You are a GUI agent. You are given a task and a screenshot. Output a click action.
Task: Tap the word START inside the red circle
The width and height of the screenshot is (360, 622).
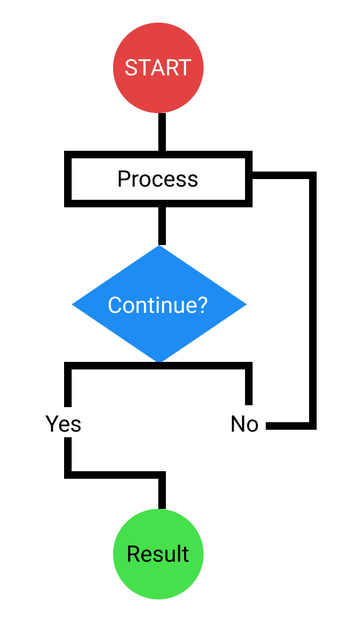click(x=158, y=68)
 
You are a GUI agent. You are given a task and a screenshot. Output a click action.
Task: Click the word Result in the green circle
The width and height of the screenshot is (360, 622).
click(x=158, y=554)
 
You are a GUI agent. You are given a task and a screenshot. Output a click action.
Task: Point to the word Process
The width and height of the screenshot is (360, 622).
click(x=158, y=179)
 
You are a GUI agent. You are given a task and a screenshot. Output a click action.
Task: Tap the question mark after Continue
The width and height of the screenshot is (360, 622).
click(x=202, y=305)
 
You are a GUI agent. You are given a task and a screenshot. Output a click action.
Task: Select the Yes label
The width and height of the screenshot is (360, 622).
click(x=63, y=425)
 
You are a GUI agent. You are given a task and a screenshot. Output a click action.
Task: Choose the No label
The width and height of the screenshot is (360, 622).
click(x=244, y=425)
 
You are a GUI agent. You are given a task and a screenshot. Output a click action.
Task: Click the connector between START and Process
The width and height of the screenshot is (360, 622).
click(x=162, y=132)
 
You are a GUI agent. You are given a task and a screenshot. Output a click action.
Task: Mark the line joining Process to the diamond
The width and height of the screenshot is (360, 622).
click(x=162, y=225)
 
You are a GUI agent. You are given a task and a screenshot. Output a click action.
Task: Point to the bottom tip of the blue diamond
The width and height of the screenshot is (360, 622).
click(x=160, y=360)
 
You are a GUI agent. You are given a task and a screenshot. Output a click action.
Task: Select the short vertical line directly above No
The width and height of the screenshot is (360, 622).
click(x=249, y=386)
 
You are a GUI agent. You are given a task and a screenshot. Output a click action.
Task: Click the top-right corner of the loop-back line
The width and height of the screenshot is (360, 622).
click(x=312, y=175)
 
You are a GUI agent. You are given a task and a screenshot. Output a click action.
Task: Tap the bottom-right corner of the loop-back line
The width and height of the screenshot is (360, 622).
click(x=312, y=426)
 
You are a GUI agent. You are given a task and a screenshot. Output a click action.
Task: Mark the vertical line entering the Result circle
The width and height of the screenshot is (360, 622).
click(x=162, y=493)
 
